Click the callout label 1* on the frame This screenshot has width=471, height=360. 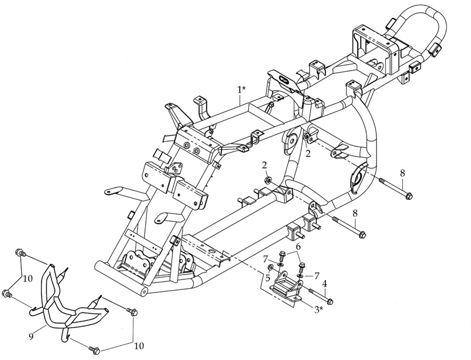click(241, 90)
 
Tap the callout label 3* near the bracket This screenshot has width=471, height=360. click(318, 309)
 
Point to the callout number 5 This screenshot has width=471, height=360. click(267, 278)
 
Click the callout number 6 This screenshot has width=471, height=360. click(298, 246)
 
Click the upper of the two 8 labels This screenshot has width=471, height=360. click(402, 173)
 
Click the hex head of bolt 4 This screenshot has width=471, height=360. click(330, 301)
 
